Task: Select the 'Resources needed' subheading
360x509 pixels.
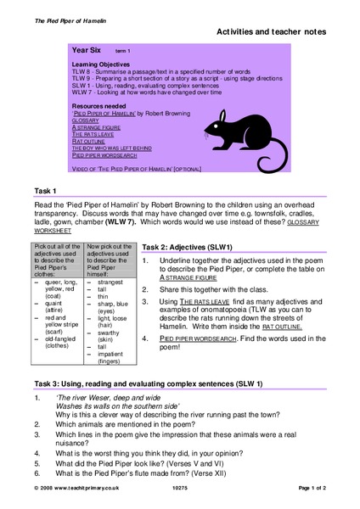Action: [99, 104]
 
